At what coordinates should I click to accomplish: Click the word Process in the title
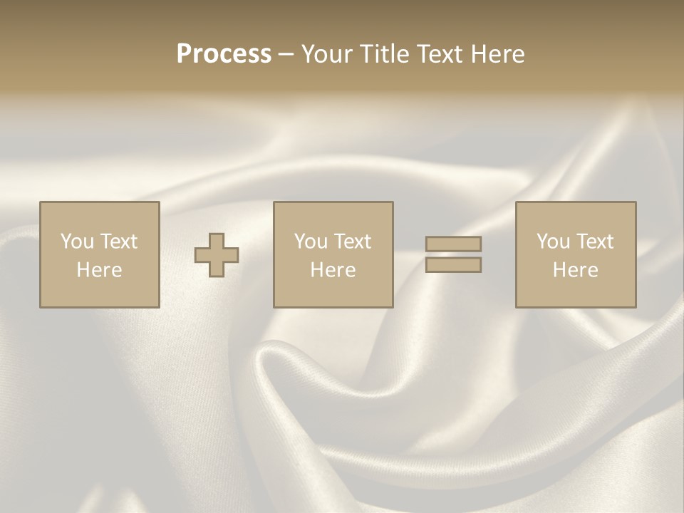[x=224, y=54]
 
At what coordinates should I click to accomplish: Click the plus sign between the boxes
[x=217, y=255]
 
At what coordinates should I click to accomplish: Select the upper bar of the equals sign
[x=453, y=244]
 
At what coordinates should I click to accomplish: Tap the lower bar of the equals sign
[x=453, y=265]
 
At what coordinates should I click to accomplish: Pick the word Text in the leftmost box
[x=118, y=242]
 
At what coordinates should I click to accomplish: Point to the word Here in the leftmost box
[x=99, y=270]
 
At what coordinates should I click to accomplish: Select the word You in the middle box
[x=311, y=242]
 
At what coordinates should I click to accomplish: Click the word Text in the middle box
[x=352, y=242]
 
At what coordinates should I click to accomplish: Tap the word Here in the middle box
[x=333, y=270]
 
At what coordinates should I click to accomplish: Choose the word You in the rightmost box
[x=553, y=242]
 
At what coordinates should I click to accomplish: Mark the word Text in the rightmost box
[x=594, y=242]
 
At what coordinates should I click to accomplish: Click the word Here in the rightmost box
[x=575, y=270]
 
